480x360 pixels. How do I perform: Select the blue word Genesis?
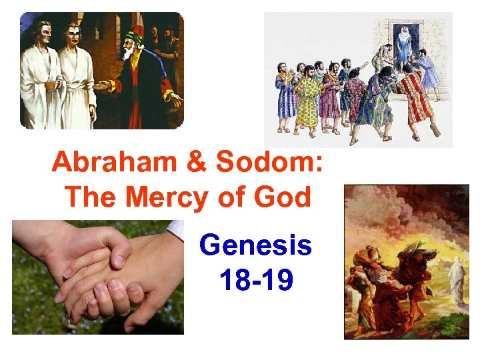255,246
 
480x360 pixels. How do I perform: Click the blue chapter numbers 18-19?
255,281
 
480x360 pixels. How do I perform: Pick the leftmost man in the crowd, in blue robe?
285,97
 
